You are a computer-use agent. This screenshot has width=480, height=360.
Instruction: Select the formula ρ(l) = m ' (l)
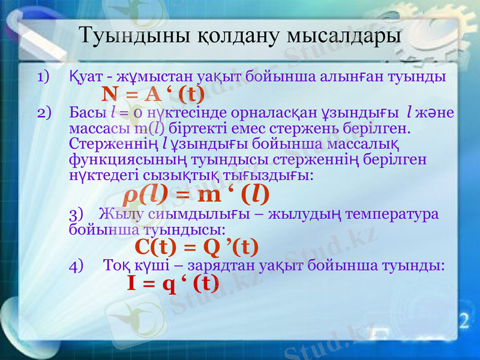[x=196, y=194]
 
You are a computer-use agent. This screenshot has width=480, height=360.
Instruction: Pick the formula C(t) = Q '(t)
[x=197, y=246]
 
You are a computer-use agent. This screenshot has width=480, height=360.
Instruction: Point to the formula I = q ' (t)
[x=172, y=283]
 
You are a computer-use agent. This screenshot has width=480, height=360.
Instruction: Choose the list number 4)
[x=77, y=265]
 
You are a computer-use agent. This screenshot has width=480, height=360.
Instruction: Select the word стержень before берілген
[x=325, y=128]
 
